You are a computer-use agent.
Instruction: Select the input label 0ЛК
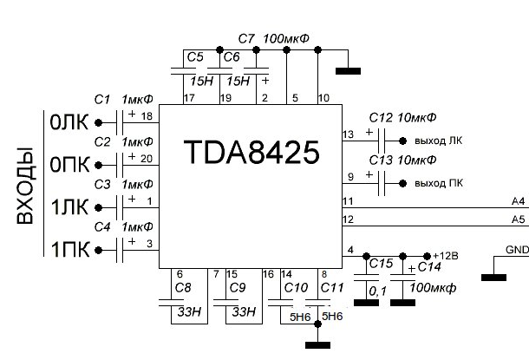pyautogui.click(x=67, y=123)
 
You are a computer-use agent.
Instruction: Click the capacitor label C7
pyautogui.click(x=245, y=40)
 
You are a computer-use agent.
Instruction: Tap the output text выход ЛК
pyautogui.click(x=439, y=139)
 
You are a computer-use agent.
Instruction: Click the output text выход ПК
pyautogui.click(x=439, y=184)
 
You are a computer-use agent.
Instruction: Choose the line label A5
pyautogui.click(x=519, y=219)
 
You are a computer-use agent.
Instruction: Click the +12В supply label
pyautogui.click(x=445, y=255)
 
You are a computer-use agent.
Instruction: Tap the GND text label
pyautogui.click(x=517, y=250)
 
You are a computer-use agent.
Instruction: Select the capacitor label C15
pyautogui.click(x=381, y=263)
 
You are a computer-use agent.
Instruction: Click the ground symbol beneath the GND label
pyautogui.click(x=495, y=278)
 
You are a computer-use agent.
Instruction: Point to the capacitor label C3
pyautogui.click(x=102, y=184)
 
